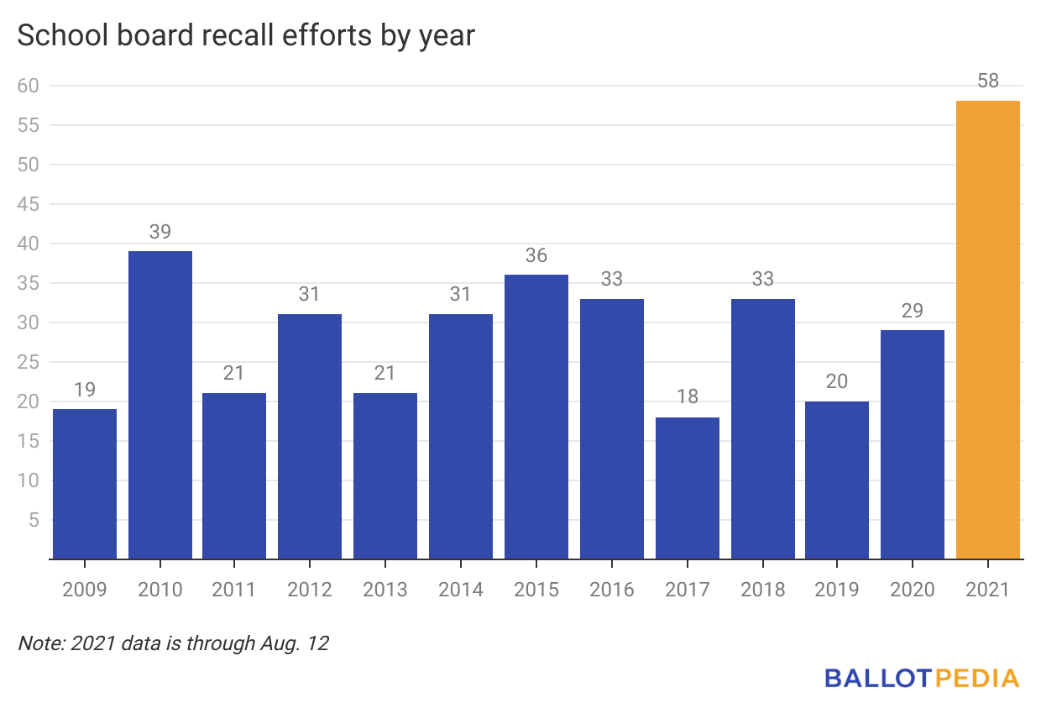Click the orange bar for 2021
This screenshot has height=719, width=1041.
[988, 329]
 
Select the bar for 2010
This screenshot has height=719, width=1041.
[160, 405]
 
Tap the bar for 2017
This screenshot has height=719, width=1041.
[687, 488]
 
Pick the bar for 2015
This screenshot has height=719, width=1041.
[536, 417]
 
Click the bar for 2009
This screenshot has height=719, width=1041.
[85, 484]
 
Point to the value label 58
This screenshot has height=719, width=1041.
[988, 81]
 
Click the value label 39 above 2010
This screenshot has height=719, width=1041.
[160, 232]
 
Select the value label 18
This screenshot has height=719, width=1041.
[687, 397]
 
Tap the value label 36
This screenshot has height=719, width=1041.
[536, 255]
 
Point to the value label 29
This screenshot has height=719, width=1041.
[913, 311]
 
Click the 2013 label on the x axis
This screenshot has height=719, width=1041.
[385, 590]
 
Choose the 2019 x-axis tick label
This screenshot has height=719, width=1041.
[837, 590]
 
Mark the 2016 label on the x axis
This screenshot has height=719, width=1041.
[611, 590]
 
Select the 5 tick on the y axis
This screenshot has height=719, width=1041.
[34, 520]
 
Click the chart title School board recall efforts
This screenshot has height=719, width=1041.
[246, 36]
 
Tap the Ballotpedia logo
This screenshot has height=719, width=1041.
[921, 678]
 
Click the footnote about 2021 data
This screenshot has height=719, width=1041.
[173, 644]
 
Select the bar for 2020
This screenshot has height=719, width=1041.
[913, 444]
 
